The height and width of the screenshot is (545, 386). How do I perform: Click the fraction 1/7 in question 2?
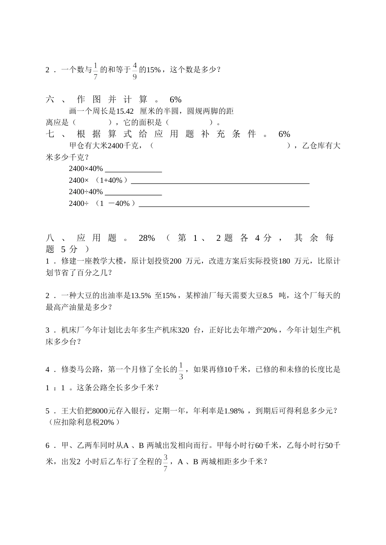96,70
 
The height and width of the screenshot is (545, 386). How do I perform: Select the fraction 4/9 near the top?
134,70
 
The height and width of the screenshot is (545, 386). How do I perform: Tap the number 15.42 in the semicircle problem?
125,111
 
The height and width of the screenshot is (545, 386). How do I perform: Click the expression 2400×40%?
86,169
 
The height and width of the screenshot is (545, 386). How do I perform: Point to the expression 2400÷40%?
86,192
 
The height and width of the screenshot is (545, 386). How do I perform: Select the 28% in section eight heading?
147,238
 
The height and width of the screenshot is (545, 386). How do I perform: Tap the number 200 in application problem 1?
175,261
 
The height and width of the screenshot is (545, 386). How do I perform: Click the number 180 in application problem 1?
284,261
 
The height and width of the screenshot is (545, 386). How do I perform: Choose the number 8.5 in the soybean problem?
268,296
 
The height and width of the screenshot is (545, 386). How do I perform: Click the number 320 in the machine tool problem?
184,330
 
